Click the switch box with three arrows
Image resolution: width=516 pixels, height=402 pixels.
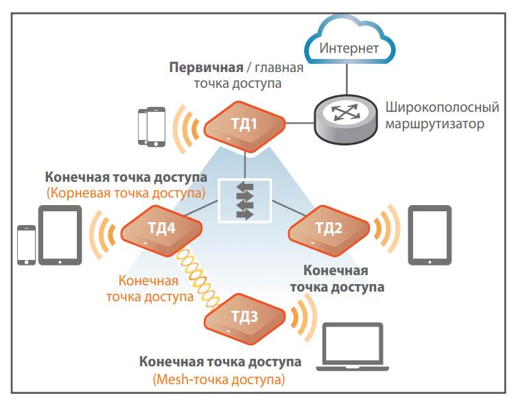pyautogui.click(x=245, y=200)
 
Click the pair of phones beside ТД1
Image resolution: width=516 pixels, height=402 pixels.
pyautogui.click(x=152, y=126)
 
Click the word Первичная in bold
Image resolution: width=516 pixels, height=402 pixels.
pyautogui.click(x=206, y=68)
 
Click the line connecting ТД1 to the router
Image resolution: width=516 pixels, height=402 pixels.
pyautogui.click(x=300, y=123)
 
